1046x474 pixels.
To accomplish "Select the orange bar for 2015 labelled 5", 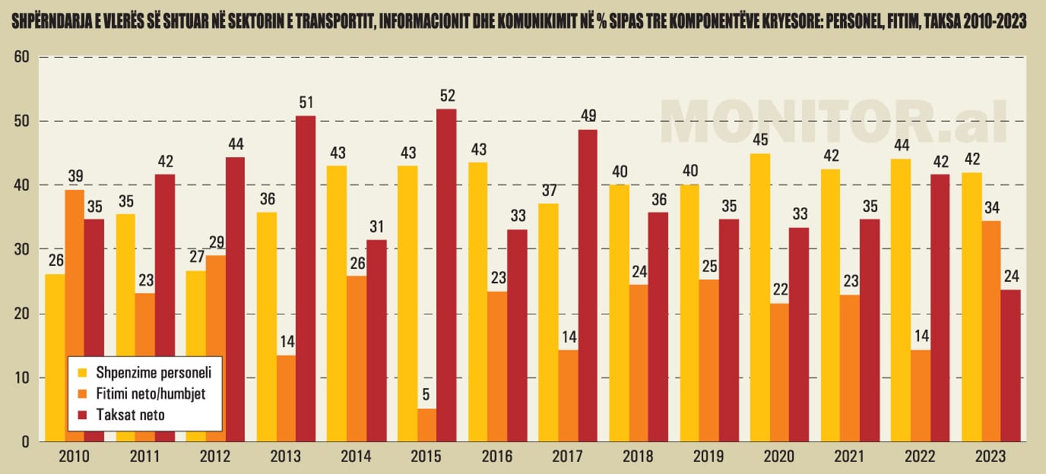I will point(427,425).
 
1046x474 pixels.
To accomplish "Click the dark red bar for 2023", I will point(1011,365).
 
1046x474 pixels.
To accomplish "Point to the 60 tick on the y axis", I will point(22,57).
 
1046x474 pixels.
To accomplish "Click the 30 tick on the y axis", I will point(22,249).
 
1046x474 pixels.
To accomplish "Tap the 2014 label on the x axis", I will point(357,457).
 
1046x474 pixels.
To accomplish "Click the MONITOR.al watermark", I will point(833,122).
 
